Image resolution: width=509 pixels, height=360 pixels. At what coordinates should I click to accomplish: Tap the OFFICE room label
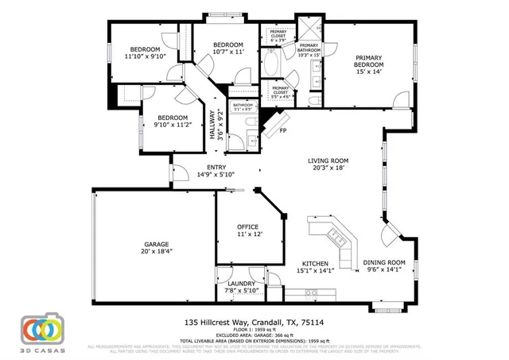248,227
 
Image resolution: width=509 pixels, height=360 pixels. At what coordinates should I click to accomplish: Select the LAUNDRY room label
241,284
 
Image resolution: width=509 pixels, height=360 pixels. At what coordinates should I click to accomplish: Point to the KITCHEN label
316,263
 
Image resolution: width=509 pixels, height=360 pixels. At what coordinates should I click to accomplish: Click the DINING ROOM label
384,263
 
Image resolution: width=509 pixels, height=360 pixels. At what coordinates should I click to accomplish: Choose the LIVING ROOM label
328,161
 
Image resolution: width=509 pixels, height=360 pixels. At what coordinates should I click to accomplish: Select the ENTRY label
216,167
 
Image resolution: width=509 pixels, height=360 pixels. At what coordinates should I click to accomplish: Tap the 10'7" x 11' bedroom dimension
227,52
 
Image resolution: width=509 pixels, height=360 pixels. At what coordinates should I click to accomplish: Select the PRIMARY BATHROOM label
308,49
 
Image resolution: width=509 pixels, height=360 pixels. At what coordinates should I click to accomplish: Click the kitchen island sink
336,236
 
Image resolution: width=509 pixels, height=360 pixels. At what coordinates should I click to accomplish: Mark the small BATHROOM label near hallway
243,105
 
